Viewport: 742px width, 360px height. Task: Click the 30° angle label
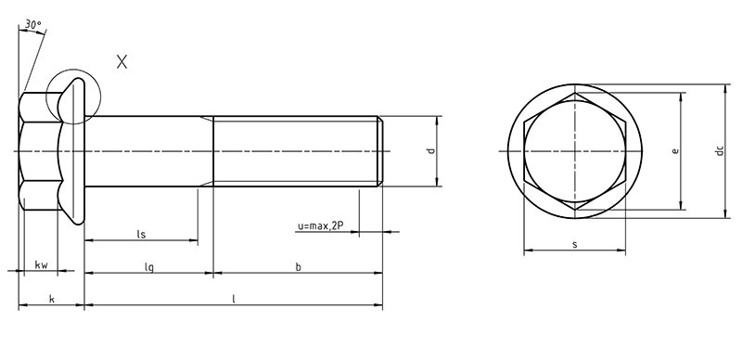click(x=33, y=25)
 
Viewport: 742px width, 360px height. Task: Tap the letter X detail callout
click(x=122, y=61)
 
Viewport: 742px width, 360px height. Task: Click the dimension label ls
click(x=141, y=234)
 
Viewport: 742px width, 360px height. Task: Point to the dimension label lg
click(x=148, y=266)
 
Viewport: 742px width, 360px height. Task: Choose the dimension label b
click(x=298, y=266)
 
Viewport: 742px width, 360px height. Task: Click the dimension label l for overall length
click(x=234, y=299)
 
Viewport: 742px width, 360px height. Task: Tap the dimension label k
click(x=52, y=299)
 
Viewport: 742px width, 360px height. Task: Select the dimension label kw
click(x=41, y=264)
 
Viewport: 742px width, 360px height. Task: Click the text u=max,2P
click(x=320, y=226)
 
